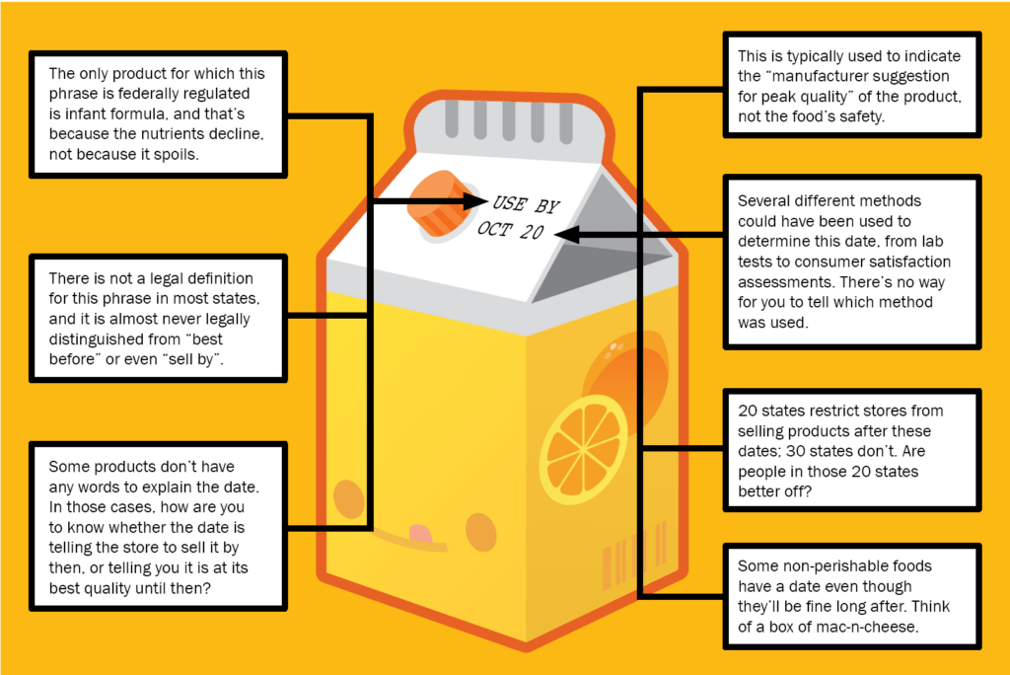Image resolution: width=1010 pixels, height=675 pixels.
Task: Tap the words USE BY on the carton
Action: [x=526, y=203]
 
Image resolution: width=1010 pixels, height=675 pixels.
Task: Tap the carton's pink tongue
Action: [x=421, y=534]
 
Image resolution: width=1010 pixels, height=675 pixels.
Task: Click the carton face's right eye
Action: [x=480, y=531]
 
